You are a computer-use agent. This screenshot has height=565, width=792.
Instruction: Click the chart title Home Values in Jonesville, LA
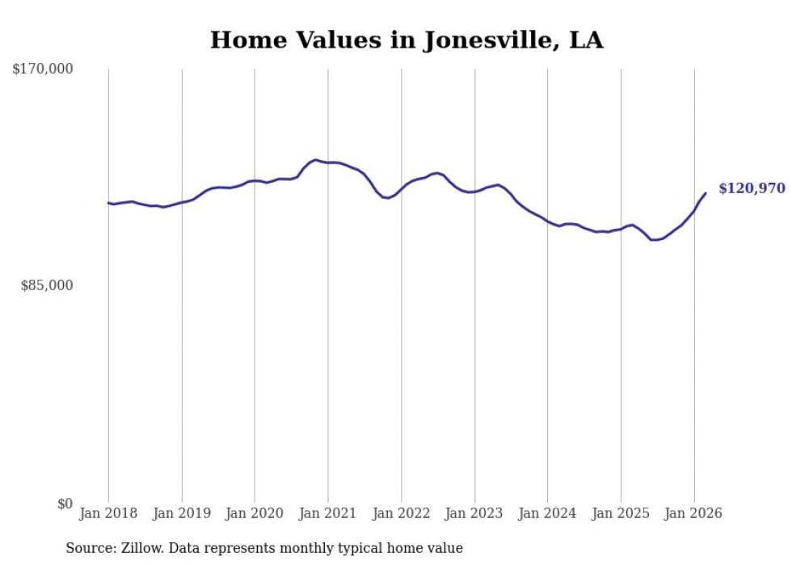pyautogui.click(x=407, y=40)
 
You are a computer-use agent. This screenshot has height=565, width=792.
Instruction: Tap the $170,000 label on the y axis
pyautogui.click(x=43, y=70)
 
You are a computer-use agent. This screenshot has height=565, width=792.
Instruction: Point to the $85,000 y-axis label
pyautogui.click(x=47, y=285)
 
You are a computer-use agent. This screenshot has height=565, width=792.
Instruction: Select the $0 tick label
pyautogui.click(x=65, y=504)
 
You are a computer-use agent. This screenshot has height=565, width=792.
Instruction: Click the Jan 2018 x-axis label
pyautogui.click(x=108, y=513)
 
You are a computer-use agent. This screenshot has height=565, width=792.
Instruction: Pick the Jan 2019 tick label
pyautogui.click(x=182, y=513)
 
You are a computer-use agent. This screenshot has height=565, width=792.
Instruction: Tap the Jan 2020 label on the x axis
pyautogui.click(x=255, y=513)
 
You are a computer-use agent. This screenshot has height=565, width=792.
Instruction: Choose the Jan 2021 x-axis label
pyautogui.click(x=328, y=513)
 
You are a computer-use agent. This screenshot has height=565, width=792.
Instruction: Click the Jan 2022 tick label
pyautogui.click(x=401, y=513)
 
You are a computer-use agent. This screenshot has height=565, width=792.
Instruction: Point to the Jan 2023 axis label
pyautogui.click(x=474, y=513)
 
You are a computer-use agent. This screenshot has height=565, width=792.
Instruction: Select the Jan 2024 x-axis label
pyautogui.click(x=547, y=513)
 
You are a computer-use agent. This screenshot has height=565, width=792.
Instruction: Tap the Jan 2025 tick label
pyautogui.click(x=621, y=513)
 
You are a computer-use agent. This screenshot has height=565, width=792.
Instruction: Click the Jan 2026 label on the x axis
pyautogui.click(x=693, y=513)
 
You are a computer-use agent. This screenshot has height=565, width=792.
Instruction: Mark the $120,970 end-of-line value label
pyautogui.click(x=752, y=188)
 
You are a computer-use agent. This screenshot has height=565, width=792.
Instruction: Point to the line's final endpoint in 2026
pyautogui.click(x=706, y=193)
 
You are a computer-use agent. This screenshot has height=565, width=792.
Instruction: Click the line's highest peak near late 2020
pyautogui.click(x=315, y=160)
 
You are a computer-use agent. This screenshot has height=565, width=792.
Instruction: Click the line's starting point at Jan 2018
pyautogui.click(x=108, y=203)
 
